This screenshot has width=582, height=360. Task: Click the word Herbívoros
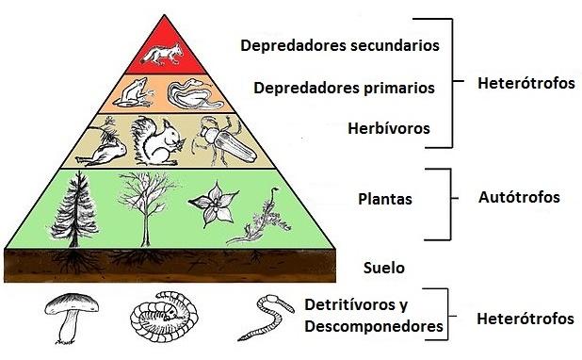coord(390,127)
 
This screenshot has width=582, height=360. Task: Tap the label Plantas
coord(386,200)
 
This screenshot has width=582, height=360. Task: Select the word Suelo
coord(383,268)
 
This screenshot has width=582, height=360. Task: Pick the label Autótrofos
coord(519,198)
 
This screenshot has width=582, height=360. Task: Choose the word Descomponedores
coord(374,327)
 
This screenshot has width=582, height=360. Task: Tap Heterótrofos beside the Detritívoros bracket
coord(525,319)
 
